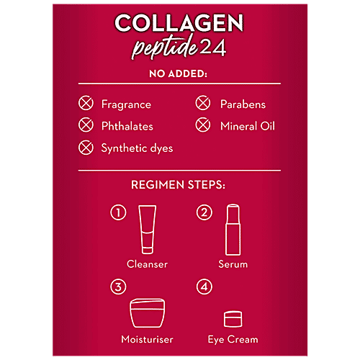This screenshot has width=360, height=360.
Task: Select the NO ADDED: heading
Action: (x=179, y=73)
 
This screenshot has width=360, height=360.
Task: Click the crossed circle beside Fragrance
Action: (x=86, y=104)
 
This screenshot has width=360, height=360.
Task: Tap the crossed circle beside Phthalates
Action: (x=86, y=126)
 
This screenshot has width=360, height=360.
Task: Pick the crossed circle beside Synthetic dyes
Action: (x=86, y=148)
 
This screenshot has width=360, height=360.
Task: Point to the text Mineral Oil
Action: (x=248, y=126)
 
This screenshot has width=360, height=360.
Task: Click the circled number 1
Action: (x=117, y=212)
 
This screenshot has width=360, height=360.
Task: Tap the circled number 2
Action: (x=204, y=212)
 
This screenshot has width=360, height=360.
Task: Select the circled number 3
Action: (x=117, y=287)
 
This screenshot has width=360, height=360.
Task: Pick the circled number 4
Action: (x=204, y=287)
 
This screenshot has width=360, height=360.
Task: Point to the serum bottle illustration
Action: (x=233, y=228)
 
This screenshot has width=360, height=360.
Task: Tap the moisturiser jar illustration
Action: (x=147, y=313)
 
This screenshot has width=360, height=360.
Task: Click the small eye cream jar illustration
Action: (x=233, y=318)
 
